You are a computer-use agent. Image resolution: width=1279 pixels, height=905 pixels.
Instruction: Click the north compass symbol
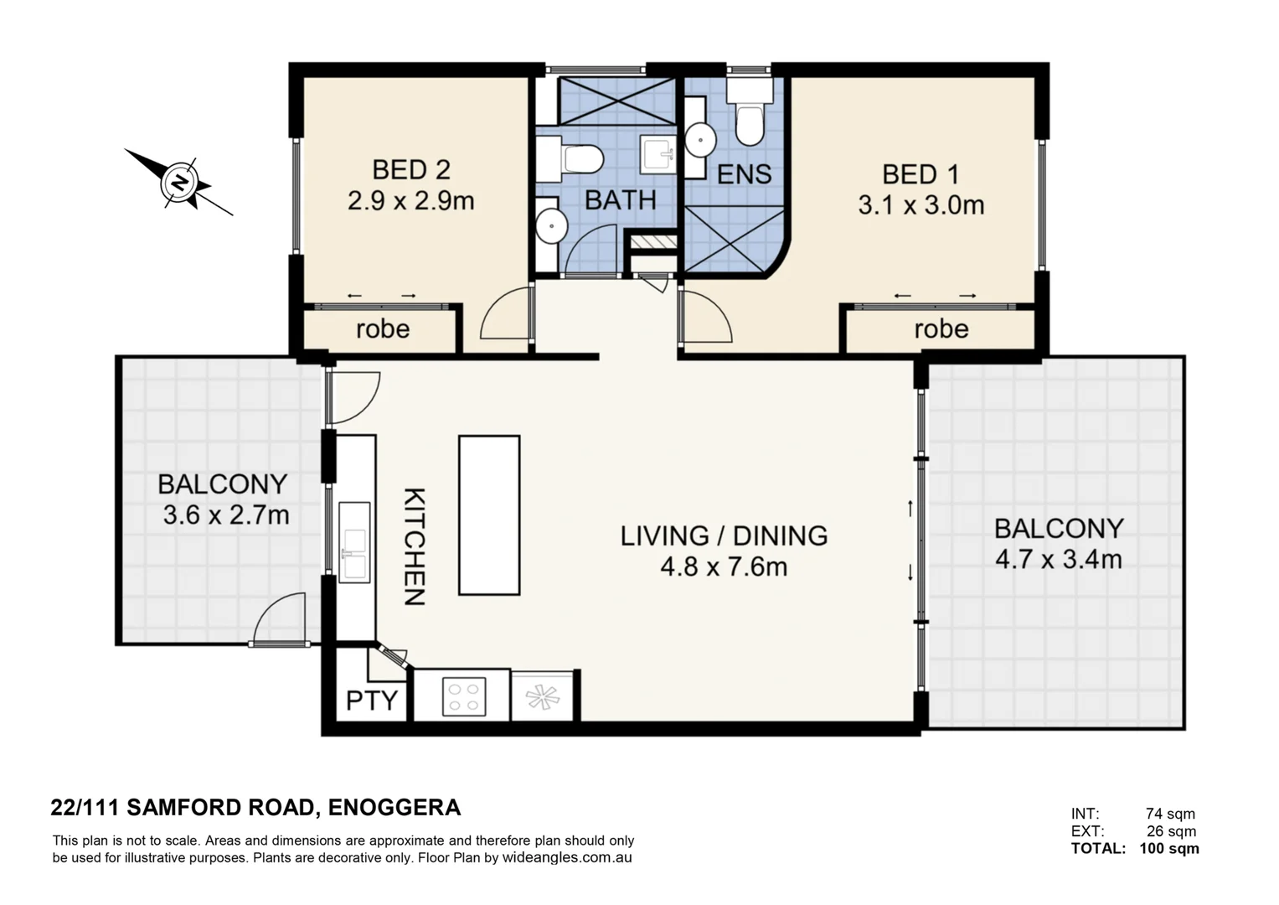(x=180, y=183)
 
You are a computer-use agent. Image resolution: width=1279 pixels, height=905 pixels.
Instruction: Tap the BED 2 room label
(x=411, y=169)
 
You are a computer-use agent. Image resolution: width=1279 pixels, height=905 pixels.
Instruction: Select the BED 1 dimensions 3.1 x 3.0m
(x=921, y=205)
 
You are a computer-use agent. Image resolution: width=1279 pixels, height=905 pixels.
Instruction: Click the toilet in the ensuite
(x=749, y=112)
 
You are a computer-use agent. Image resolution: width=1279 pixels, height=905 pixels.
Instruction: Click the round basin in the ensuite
(x=700, y=139)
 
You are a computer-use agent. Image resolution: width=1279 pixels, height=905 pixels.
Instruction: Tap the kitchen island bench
(x=489, y=515)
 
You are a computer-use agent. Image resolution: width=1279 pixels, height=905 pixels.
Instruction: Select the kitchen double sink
(x=354, y=542)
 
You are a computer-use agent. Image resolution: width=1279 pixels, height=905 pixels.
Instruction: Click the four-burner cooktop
(x=464, y=696)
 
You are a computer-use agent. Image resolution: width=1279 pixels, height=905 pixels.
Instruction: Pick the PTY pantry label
(x=372, y=701)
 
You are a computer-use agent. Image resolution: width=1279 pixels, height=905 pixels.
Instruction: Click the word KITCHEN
(x=415, y=546)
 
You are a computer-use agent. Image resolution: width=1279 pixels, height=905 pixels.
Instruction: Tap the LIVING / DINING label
(x=724, y=536)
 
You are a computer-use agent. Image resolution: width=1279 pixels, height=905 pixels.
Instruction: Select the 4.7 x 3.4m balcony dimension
(x=1059, y=560)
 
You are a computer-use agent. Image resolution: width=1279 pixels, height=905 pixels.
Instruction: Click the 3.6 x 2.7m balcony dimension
(x=226, y=515)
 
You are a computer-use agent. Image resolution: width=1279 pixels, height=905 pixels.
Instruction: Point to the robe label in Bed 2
(x=383, y=329)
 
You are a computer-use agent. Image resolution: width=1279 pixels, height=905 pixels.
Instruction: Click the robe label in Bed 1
(x=941, y=329)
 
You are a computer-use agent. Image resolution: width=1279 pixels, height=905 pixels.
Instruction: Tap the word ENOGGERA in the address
(x=395, y=808)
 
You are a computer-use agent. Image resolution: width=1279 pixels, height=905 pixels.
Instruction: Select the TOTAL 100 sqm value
(x=1169, y=848)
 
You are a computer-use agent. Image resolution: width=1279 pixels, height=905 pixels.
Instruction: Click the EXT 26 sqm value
(x=1171, y=830)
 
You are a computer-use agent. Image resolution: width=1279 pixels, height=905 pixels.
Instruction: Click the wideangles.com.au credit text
(x=567, y=857)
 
